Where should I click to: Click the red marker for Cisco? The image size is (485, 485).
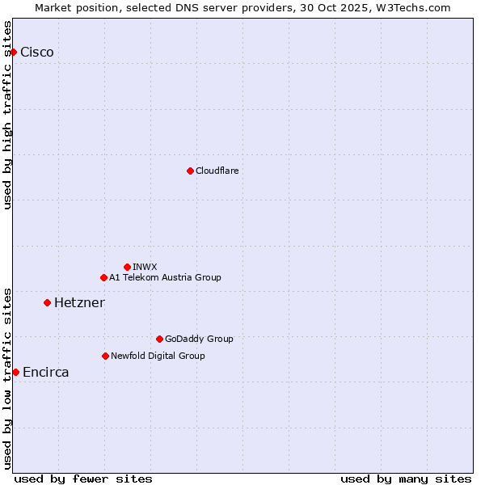tap(13, 52)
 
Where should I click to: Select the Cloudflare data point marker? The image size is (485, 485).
tap(190, 171)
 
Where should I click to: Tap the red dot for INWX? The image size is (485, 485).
tap(127, 267)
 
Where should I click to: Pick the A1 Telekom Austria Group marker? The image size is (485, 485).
tap(103, 277)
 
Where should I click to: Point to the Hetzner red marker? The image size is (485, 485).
tap(47, 302)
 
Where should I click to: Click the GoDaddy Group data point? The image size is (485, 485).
tap(159, 339)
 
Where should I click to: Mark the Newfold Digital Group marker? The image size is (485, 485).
tap(105, 356)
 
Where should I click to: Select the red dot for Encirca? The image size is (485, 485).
tap(15, 372)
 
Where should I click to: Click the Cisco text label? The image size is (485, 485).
tap(37, 52)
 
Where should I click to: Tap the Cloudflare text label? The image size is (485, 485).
tap(217, 171)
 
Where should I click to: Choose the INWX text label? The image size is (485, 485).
tap(145, 267)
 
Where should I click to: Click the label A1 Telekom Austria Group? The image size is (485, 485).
tap(165, 277)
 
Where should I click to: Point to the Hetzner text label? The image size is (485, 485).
tap(79, 302)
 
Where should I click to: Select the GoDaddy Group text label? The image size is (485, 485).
tap(199, 339)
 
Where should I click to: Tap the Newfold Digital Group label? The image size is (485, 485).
tap(158, 356)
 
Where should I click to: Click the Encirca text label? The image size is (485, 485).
tap(46, 372)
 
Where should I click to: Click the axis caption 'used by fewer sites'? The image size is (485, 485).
tap(83, 479)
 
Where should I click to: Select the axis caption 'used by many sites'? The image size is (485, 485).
tap(406, 479)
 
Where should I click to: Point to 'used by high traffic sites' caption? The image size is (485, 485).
tap(8, 115)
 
